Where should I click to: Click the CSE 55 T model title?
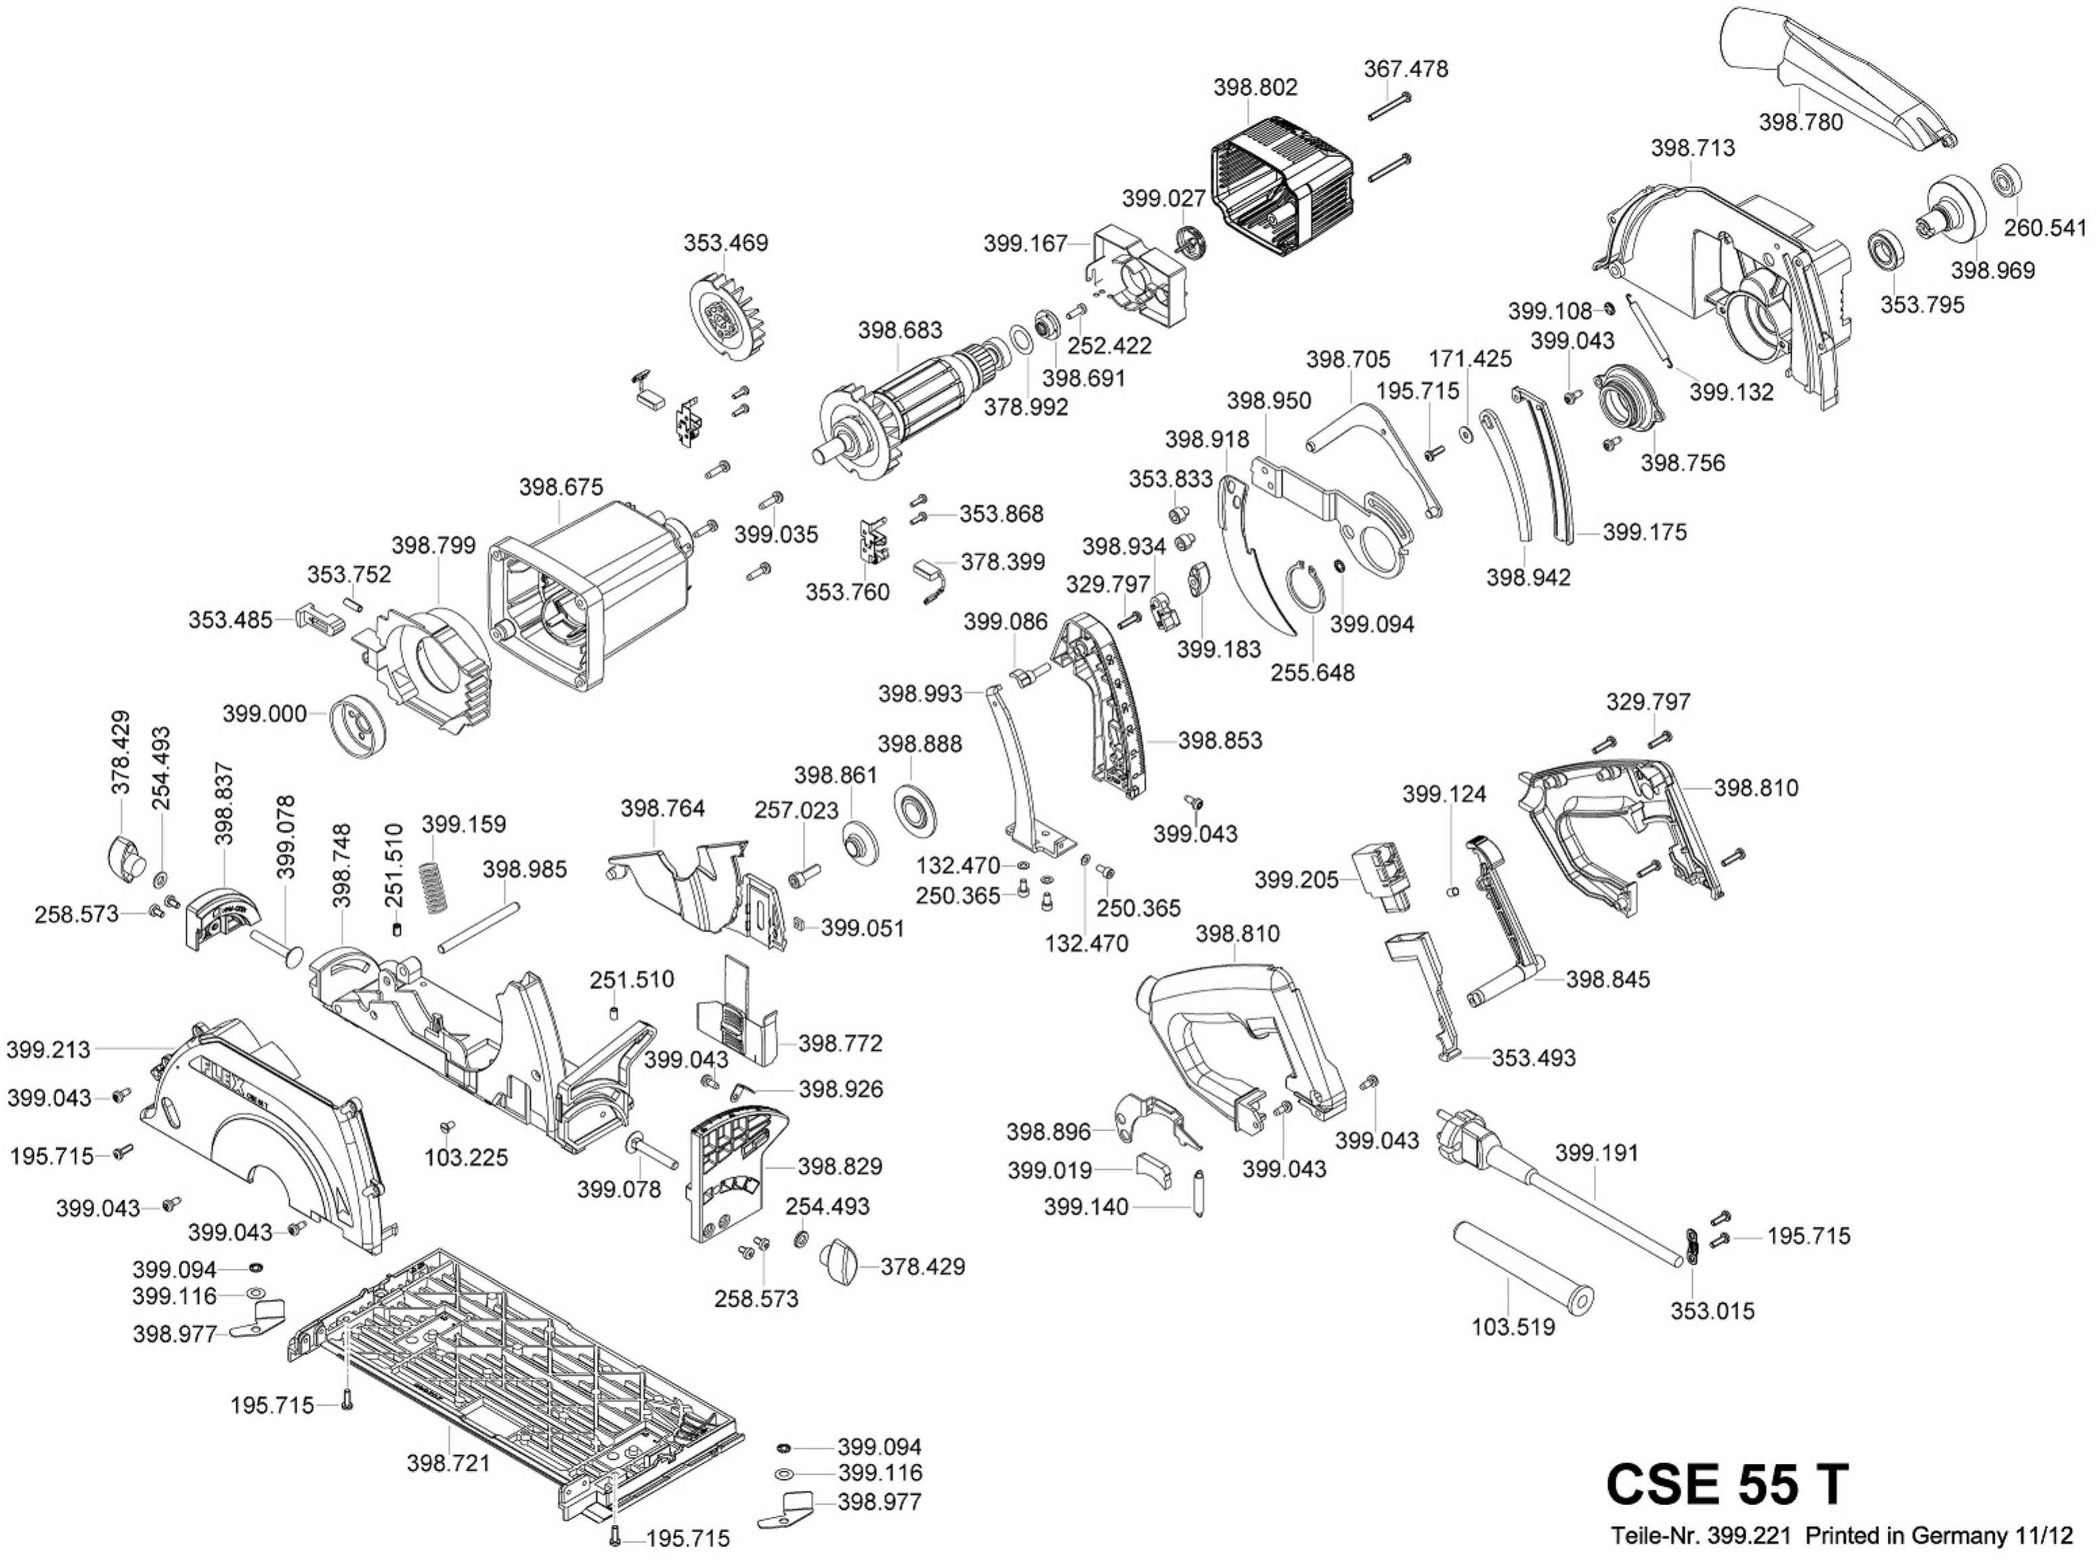1726,1483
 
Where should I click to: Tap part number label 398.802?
1255,87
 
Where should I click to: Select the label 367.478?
1405,69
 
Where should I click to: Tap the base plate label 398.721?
449,1462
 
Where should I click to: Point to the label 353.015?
1712,1311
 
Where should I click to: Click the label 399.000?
265,714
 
